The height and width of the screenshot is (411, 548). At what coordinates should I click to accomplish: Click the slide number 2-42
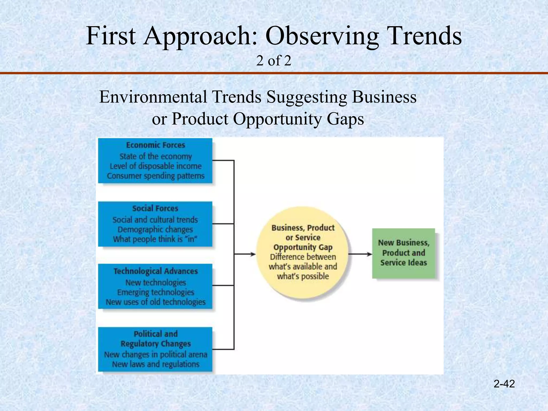[504, 384]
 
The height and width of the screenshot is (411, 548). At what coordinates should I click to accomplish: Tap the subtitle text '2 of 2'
[273, 61]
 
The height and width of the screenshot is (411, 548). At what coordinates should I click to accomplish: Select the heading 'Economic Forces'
[155, 145]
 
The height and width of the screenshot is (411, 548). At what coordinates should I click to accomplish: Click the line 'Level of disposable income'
[155, 166]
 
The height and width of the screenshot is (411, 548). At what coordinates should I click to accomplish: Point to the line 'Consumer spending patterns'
[155, 176]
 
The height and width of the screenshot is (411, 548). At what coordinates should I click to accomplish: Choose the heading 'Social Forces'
[155, 208]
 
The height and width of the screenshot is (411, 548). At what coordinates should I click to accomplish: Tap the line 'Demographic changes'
[155, 229]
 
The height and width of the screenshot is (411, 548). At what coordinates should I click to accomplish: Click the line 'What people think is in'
[155, 239]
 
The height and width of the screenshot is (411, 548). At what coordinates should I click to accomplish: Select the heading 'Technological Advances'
[155, 271]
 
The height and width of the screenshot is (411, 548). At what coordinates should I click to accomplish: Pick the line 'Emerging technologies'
[155, 292]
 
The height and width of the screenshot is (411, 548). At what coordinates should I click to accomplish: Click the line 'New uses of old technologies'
[155, 302]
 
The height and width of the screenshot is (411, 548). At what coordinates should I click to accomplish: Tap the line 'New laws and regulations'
[155, 364]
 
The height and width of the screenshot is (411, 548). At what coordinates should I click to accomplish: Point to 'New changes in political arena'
[155, 355]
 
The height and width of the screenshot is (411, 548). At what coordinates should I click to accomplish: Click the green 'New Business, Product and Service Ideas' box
[404, 253]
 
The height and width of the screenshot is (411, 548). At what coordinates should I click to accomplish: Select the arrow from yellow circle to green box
[360, 254]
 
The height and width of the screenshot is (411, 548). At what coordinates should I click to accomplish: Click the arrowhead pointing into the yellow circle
[253, 254]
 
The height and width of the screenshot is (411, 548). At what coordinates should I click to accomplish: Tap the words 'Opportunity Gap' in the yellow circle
[303, 247]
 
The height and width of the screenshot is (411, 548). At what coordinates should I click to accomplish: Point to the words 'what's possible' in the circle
[303, 276]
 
